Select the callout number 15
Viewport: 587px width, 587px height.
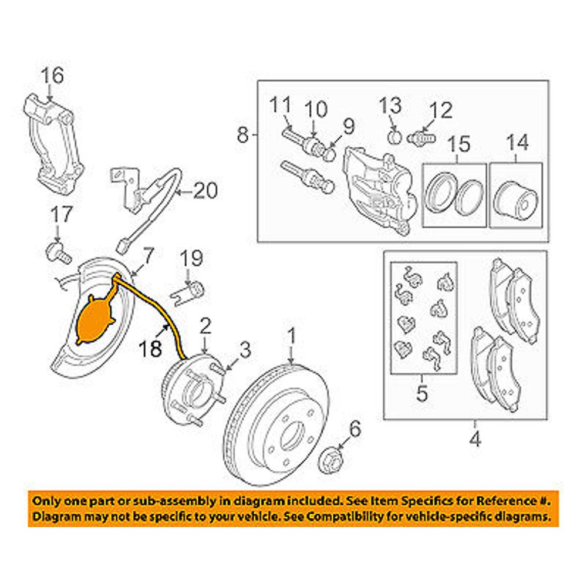coord(460,144)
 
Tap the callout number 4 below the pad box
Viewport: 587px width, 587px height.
coord(475,438)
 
